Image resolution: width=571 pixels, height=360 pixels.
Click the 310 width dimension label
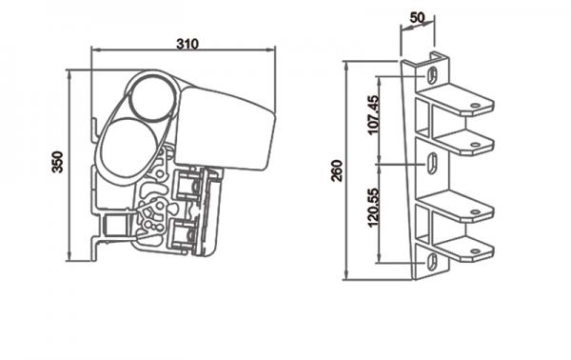[x=187, y=44]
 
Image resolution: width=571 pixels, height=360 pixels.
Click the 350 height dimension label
[x=57, y=162]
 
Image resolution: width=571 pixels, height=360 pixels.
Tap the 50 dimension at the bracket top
[x=417, y=17]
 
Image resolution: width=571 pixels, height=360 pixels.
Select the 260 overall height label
[x=337, y=170]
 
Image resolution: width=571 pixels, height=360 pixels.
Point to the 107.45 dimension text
[x=374, y=114]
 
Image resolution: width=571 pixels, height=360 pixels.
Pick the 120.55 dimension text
[x=374, y=207]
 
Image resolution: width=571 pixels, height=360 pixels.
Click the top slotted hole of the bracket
[x=432, y=76]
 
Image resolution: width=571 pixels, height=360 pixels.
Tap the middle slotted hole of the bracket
[x=432, y=163]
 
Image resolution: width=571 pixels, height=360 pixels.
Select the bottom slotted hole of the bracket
[x=431, y=261]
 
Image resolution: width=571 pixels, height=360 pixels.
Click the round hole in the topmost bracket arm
[x=475, y=106]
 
